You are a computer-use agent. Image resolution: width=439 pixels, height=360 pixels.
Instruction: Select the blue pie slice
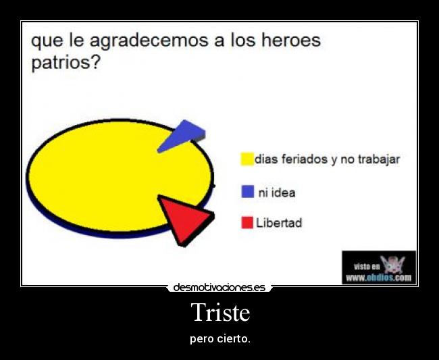183,134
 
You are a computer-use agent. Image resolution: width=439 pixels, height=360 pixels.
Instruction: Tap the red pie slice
186,217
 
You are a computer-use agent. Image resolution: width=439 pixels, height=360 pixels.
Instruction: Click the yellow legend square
247,159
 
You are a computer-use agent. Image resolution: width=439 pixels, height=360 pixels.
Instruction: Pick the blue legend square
247,192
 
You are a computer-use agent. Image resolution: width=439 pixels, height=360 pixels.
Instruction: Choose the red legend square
247,222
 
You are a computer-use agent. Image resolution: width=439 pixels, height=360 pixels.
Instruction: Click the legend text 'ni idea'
277,192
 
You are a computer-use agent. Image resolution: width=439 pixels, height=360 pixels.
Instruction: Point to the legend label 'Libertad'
278,223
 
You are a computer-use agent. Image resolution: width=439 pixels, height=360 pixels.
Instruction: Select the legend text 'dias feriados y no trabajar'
327,160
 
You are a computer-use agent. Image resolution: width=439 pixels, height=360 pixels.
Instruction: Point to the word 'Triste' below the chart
220,313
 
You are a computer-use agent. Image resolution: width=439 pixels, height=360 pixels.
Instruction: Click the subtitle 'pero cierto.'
220,338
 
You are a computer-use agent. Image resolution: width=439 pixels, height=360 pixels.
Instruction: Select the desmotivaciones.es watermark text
219,288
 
